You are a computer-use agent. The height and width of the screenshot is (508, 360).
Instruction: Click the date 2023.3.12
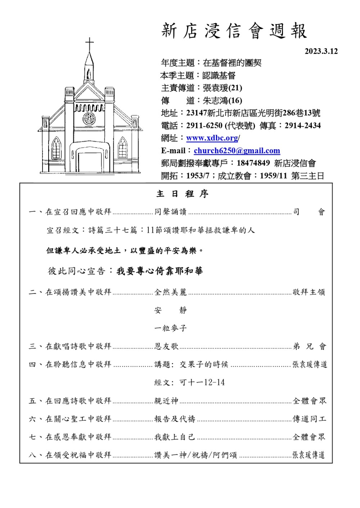(321, 51)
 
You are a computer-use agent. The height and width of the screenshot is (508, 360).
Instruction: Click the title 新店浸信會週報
(234, 31)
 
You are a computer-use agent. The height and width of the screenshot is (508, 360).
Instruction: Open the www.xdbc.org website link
(212, 138)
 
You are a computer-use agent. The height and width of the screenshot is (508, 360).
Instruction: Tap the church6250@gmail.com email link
(237, 151)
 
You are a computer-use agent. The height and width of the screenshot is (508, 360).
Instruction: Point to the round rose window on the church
(89, 118)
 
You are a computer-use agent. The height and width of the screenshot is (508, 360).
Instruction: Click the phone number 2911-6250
(204, 126)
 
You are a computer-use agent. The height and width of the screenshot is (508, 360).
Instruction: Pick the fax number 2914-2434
(302, 126)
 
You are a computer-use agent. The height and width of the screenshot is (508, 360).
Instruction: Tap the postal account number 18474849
(253, 163)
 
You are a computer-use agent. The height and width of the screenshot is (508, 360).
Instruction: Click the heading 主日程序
(182, 194)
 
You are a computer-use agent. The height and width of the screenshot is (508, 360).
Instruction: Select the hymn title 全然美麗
(171, 292)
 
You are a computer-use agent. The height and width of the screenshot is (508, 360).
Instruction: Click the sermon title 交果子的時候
(204, 364)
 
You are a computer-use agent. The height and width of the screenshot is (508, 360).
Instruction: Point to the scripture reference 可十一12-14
(202, 382)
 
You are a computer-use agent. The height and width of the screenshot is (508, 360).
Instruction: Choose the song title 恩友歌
(166, 346)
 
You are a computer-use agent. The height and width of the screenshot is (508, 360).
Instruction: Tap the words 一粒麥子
(171, 328)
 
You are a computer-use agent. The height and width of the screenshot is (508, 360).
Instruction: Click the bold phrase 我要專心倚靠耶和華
(159, 271)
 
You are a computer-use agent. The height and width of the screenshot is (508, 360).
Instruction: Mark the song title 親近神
(166, 401)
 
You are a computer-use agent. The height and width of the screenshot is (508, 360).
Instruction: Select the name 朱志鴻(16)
(222, 100)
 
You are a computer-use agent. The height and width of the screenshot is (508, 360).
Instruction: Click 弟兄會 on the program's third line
(309, 346)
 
